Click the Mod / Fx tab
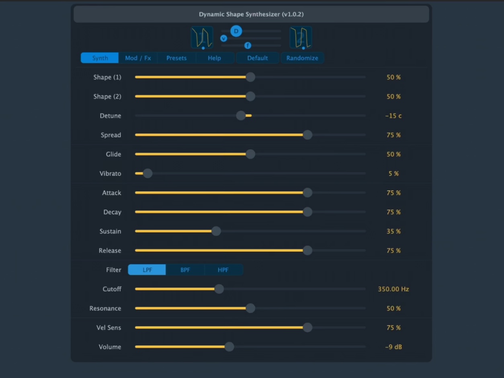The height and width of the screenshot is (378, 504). coord(138,58)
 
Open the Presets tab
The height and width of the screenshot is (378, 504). coord(176,58)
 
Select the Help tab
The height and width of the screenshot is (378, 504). coord(215,58)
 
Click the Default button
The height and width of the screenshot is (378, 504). coord(257,58)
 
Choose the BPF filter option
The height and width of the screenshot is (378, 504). coord(185,270)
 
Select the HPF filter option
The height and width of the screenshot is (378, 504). coord(223,270)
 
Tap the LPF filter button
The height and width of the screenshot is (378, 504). coord(147,270)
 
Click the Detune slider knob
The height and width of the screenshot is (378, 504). coord(241,115)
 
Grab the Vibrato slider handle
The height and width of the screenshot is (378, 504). coord(148,173)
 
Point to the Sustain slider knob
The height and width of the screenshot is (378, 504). coord(216,231)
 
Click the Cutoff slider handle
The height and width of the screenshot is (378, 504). coord(219,289)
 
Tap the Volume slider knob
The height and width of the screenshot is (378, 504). coord(229,347)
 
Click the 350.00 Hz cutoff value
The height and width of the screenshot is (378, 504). coord(393,289)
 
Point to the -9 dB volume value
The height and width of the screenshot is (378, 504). coord(393,347)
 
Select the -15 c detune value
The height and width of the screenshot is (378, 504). coord(393,116)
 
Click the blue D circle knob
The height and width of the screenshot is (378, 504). coord(236,31)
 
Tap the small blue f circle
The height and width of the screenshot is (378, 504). coord(248,45)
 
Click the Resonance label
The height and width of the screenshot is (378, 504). coord(105,308)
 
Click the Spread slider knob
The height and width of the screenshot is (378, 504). coord(308,135)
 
